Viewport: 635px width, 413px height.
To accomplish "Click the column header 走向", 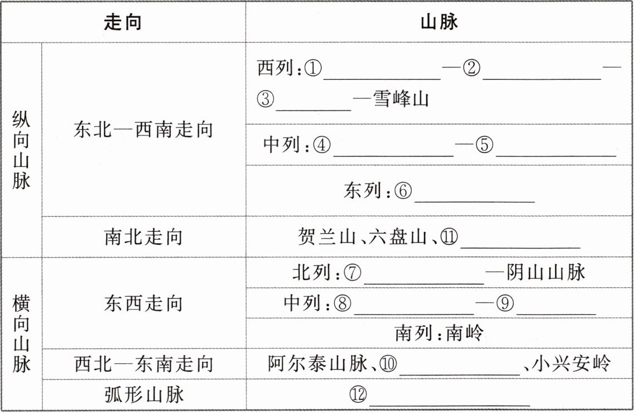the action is point(123,22).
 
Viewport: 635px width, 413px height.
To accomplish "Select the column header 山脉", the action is point(439,22).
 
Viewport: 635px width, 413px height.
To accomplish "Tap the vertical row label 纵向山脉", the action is point(21,150).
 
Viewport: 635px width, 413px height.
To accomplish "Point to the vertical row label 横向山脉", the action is point(21,334).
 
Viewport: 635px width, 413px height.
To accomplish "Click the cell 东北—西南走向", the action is point(143,130).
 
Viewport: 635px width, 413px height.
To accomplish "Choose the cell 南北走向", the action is point(143,237).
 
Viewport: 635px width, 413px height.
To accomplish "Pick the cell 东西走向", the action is point(143,303).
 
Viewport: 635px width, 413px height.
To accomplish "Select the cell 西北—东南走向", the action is point(144,364).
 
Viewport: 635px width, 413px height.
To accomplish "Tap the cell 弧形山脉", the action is point(144,395).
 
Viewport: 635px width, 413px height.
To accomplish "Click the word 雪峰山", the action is point(401,100).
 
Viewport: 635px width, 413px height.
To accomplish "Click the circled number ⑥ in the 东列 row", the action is point(403,191).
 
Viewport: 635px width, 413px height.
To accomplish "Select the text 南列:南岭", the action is point(439,334).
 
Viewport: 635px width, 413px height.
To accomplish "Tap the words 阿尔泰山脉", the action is point(317,364).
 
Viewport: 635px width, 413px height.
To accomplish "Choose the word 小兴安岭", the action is point(571,364).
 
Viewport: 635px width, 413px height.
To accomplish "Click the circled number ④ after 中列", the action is point(322,145).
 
